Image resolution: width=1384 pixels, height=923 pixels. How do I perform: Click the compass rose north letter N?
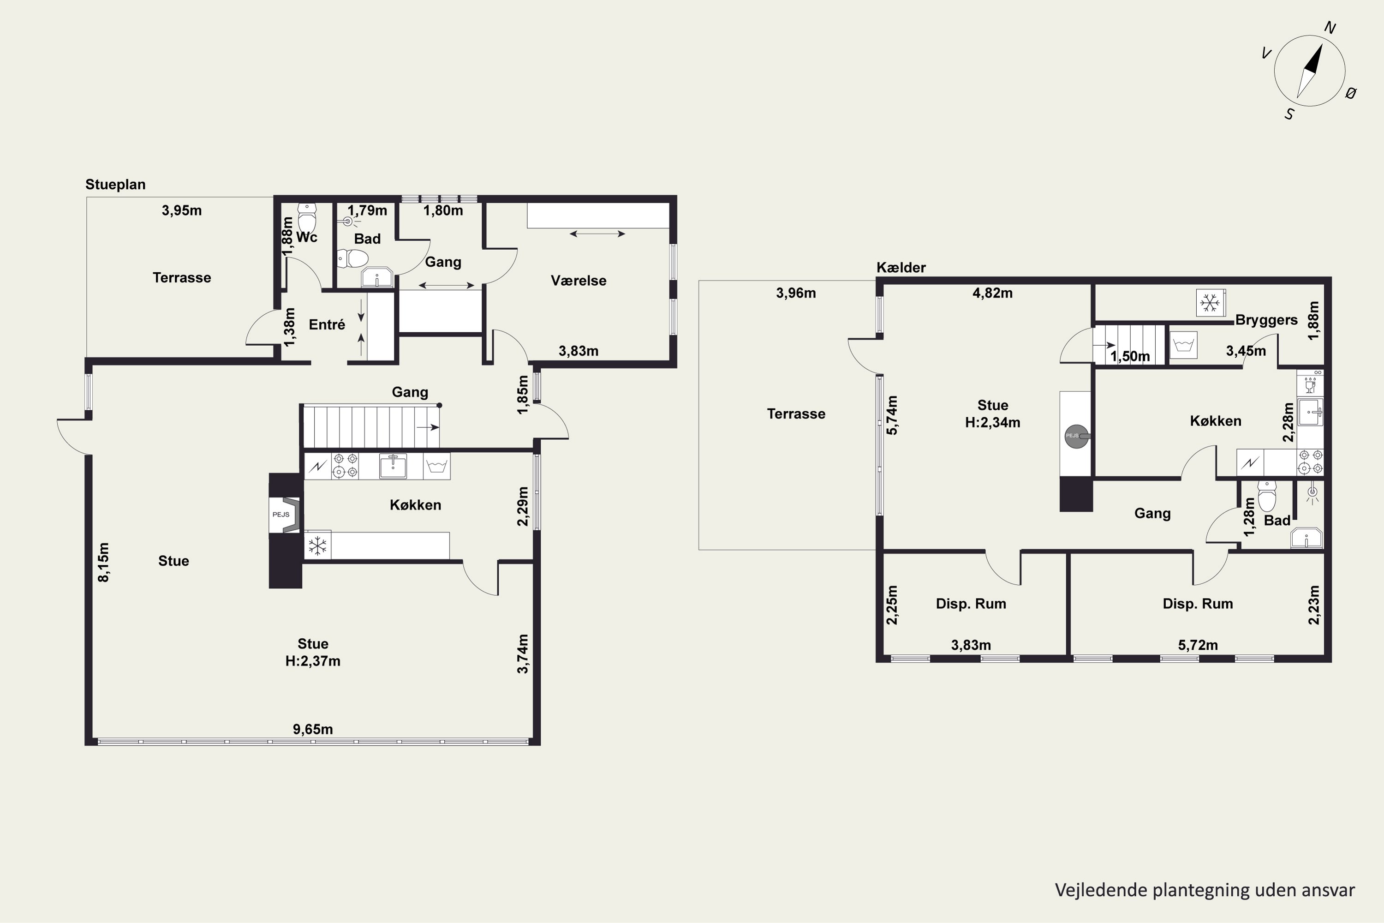1330,28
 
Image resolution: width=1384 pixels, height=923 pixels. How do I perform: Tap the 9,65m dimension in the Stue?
313,729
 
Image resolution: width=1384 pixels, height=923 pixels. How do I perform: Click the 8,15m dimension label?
103,562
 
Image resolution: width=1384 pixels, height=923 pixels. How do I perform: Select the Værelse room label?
579,281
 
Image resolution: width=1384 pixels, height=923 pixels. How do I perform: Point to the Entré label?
327,324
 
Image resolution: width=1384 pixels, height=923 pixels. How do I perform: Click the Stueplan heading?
115,184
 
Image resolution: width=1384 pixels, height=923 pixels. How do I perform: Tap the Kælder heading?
901,267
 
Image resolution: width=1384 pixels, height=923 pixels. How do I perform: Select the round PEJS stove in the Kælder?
1076,436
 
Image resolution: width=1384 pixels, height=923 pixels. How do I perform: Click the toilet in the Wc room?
307,218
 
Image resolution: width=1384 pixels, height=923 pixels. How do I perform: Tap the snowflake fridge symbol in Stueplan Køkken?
318,545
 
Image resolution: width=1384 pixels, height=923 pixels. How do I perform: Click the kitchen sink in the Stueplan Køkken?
393,466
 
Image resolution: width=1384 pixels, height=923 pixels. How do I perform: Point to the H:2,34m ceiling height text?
993,423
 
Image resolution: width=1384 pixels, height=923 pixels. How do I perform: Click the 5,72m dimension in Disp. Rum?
1198,645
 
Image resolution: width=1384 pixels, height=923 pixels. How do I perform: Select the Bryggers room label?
1266,320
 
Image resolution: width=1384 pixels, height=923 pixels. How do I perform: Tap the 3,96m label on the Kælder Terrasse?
796,293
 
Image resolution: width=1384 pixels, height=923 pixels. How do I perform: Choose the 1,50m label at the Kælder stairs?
1130,357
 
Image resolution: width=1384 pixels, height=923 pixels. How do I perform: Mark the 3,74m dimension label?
523,654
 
